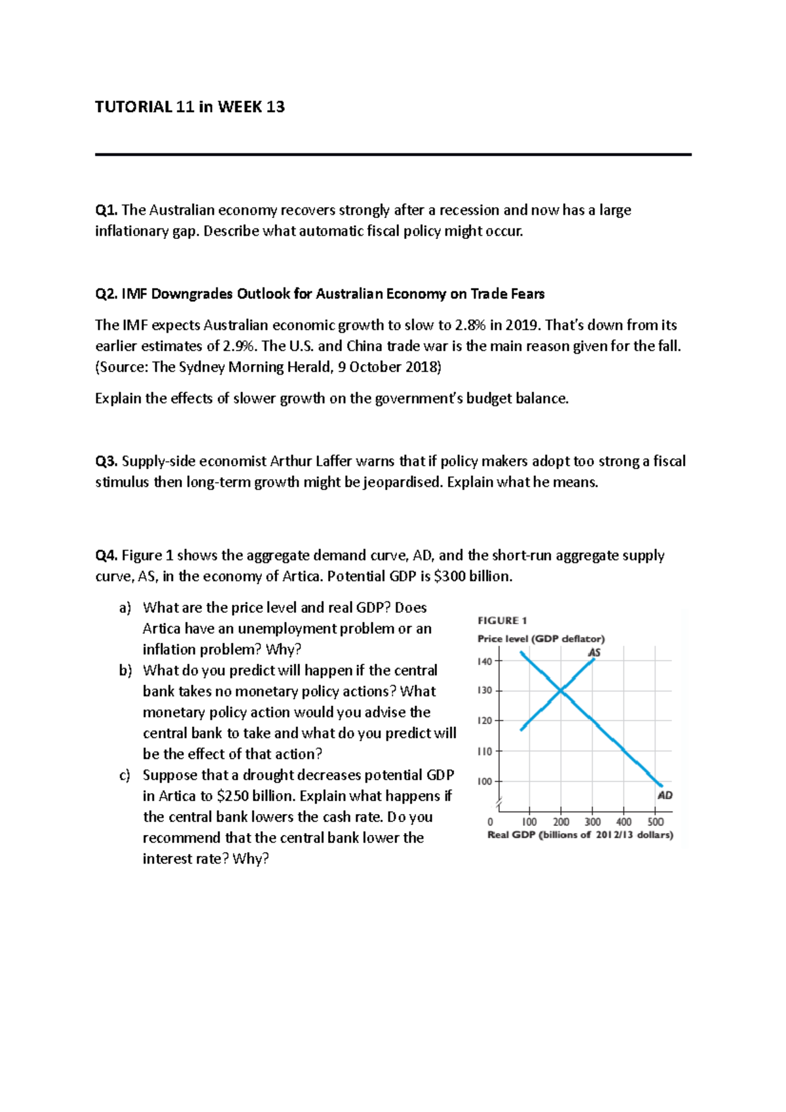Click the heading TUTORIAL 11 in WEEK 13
pos(190,107)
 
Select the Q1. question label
pos(106,210)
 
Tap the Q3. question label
pos(106,461)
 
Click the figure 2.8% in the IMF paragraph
pos(470,325)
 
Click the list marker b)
pos(125,671)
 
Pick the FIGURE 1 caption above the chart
pos(502,620)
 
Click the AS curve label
pos(594,652)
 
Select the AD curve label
pos(665,795)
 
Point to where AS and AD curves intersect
pos(561,690)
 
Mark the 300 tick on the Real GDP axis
pos(592,822)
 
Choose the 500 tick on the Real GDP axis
pos(655,822)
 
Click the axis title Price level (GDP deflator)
pos(541,639)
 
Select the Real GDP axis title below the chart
pos(580,835)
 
